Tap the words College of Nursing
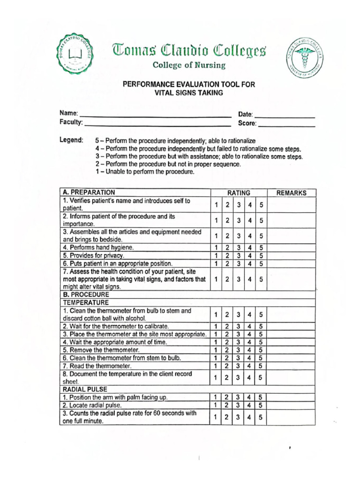(189, 65)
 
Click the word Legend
(71, 140)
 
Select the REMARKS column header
(291, 193)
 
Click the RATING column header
(238, 193)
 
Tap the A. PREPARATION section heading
(89, 192)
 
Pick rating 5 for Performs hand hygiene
(261, 247)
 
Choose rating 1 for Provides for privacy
(216, 255)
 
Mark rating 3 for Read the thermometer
(238, 366)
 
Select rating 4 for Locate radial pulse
(250, 405)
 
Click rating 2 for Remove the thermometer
(227, 350)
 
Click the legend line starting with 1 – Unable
(145, 172)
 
